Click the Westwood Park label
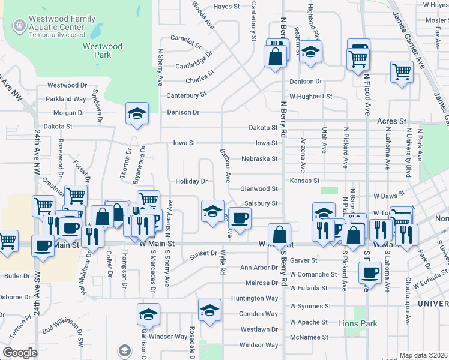(x=103, y=50)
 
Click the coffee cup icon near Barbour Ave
(x=240, y=217)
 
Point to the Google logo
(x=20, y=353)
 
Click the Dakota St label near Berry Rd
(x=264, y=127)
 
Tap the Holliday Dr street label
(x=191, y=181)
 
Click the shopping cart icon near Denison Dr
(x=402, y=71)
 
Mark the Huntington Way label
(x=255, y=298)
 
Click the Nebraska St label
(x=259, y=159)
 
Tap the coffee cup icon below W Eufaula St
(x=370, y=273)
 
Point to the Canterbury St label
(x=186, y=95)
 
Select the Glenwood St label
(x=259, y=188)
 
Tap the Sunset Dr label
(x=203, y=254)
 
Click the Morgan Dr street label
(x=69, y=112)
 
